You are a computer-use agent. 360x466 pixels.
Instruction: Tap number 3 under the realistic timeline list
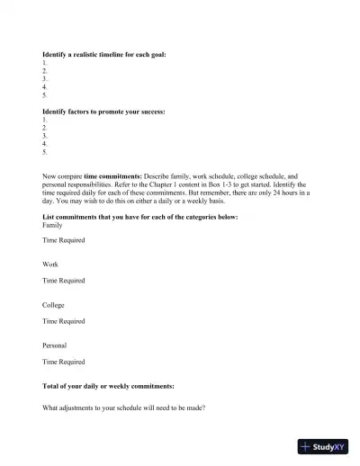[45, 78]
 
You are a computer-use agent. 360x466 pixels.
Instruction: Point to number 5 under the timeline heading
[45, 94]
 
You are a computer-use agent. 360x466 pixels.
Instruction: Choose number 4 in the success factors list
[45, 143]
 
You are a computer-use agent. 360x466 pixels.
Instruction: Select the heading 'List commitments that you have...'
[139, 217]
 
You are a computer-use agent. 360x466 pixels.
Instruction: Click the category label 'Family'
[53, 225]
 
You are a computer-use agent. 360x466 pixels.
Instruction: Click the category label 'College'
[54, 305]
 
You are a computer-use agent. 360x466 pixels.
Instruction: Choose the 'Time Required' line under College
[64, 321]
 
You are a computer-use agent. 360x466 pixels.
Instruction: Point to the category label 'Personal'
[55, 345]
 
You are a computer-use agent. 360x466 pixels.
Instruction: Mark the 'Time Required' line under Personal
[64, 362]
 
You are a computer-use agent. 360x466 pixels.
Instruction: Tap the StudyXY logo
[323, 446]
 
